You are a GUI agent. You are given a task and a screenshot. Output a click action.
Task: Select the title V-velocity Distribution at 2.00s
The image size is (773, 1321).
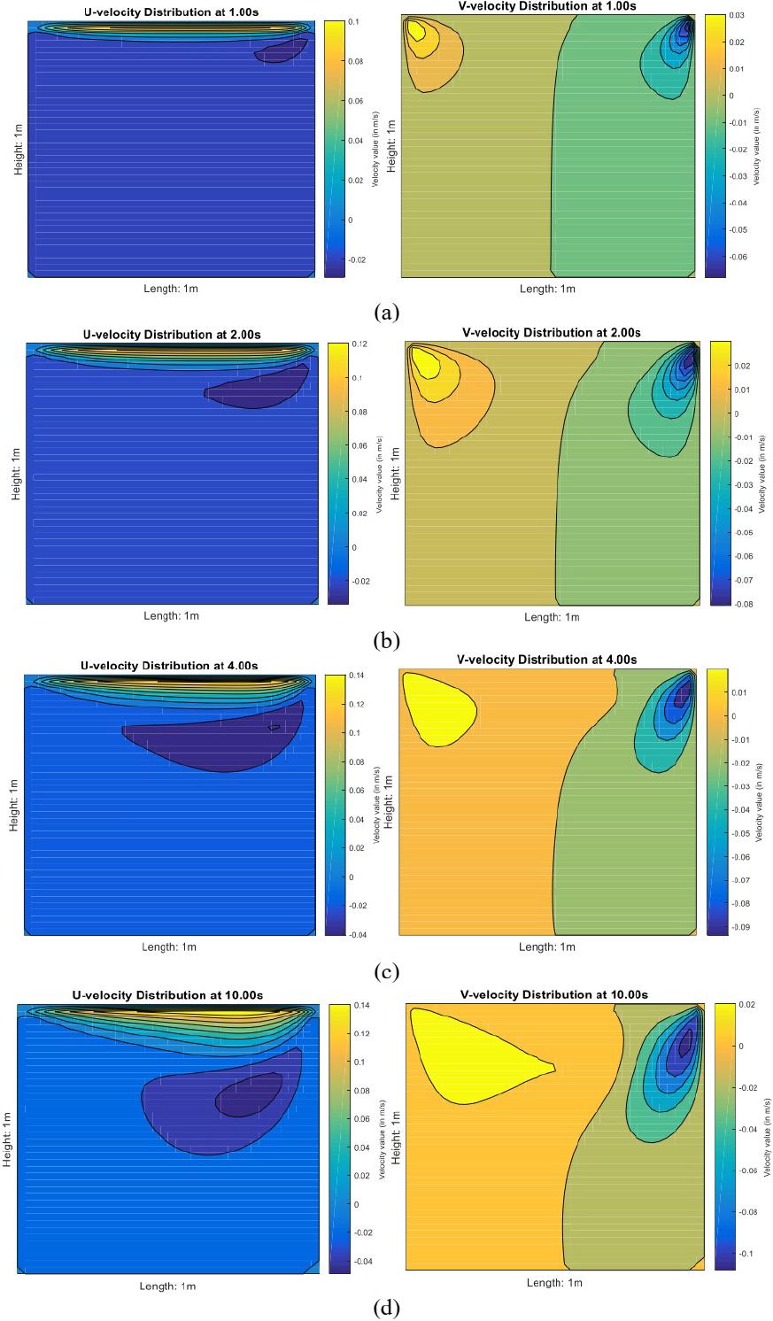point(552,333)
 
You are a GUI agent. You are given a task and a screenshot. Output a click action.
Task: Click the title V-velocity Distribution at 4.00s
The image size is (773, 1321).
point(546,660)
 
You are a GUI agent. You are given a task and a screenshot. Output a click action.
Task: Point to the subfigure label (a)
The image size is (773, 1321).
point(387,312)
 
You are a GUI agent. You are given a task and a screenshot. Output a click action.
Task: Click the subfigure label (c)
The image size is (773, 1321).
point(387,972)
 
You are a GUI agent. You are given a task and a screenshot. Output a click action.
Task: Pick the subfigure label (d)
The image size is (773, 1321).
point(387,1306)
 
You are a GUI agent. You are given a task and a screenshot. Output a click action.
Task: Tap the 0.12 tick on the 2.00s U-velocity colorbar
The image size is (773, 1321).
point(359,344)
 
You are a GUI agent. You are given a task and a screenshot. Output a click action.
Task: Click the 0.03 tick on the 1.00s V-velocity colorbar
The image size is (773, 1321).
point(738,16)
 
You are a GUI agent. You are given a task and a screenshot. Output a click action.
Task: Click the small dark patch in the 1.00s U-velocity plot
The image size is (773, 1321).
point(281,52)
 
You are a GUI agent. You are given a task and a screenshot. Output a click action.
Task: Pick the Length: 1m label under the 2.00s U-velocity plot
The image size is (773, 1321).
point(170,616)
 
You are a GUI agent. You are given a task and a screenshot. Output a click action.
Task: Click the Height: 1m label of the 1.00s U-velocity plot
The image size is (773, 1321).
point(18,150)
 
